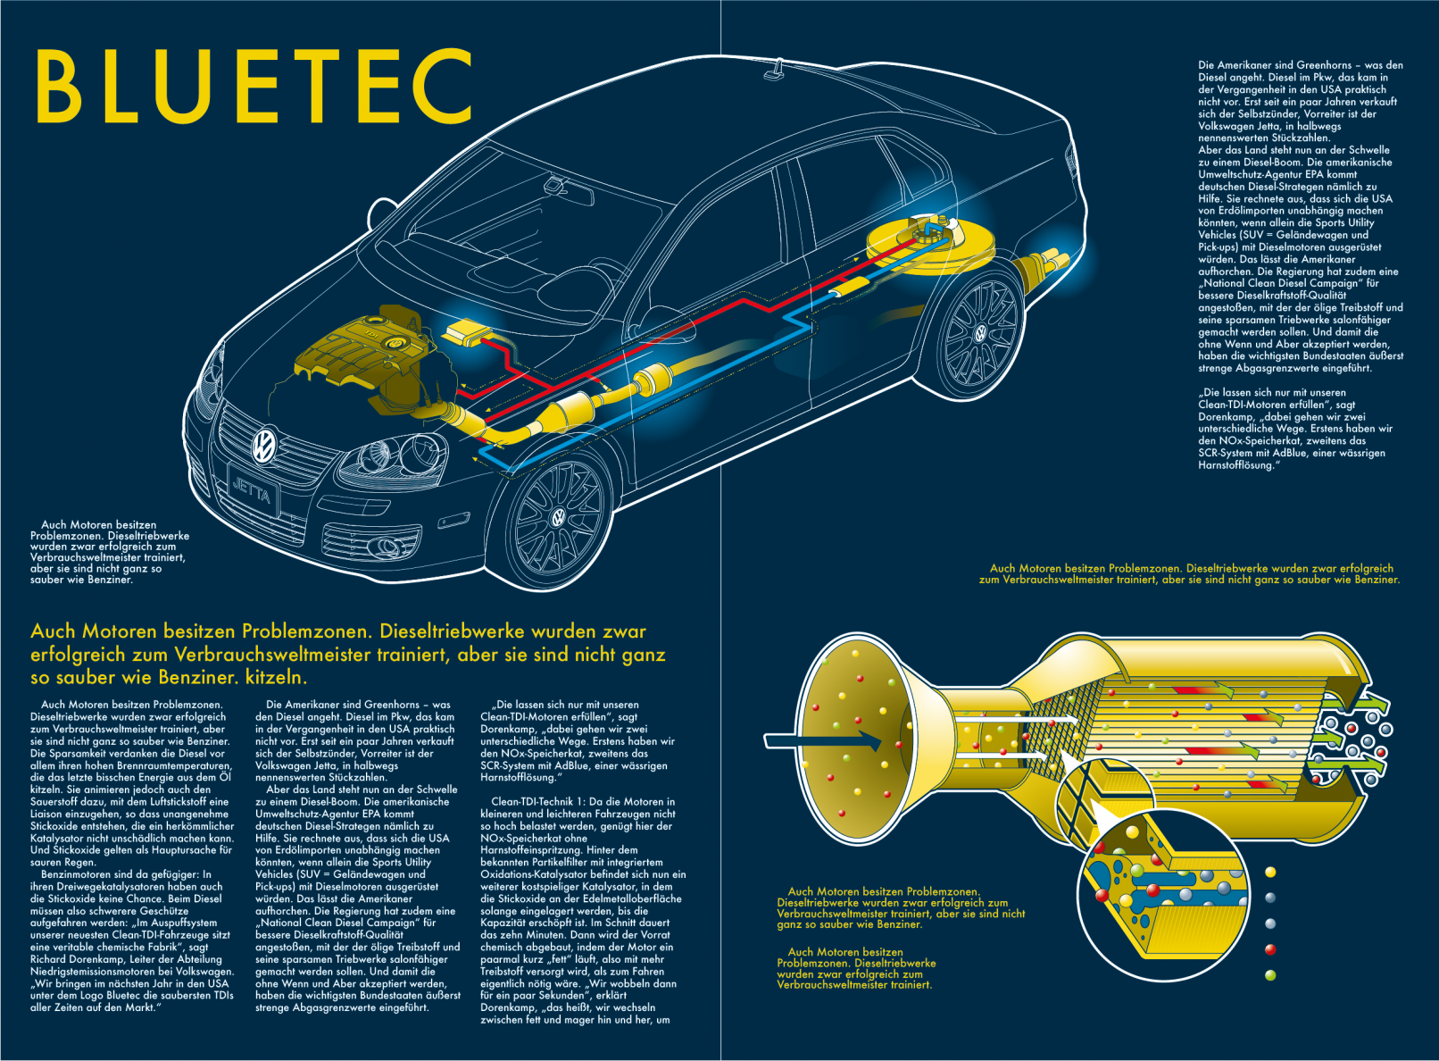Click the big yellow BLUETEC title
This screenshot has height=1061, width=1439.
pyautogui.click(x=254, y=86)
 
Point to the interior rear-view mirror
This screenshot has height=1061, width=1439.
pyautogui.click(x=556, y=185)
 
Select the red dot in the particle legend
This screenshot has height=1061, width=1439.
pyautogui.click(x=1270, y=949)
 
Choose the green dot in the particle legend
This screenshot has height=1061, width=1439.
pyautogui.click(x=1270, y=975)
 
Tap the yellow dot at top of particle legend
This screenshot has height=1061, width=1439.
pyautogui.click(x=1270, y=872)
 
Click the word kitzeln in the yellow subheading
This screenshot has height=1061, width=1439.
pyautogui.click(x=276, y=677)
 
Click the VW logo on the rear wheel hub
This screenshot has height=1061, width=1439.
pyautogui.click(x=979, y=334)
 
